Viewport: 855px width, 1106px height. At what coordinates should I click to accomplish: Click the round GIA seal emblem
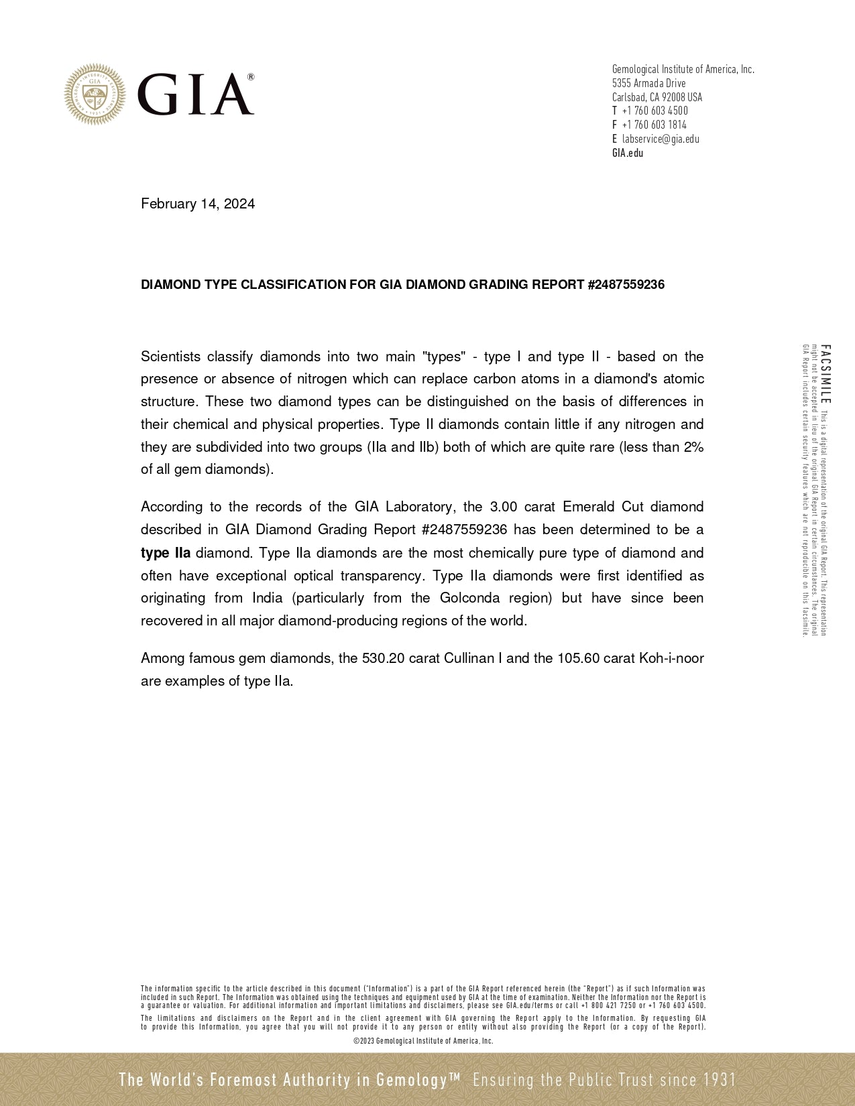pyautogui.click(x=95, y=95)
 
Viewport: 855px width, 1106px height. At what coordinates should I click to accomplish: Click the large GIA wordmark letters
pyautogui.click(x=196, y=95)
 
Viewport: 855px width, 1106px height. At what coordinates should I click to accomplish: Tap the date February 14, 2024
pyautogui.click(x=198, y=204)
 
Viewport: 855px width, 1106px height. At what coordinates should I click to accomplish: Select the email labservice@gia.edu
pyautogui.click(x=661, y=139)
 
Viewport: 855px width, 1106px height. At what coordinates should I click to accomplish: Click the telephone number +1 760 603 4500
pyautogui.click(x=654, y=111)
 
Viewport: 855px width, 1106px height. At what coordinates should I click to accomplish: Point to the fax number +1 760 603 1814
pyautogui.click(x=654, y=125)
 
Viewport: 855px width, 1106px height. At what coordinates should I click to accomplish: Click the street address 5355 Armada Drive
pyautogui.click(x=648, y=83)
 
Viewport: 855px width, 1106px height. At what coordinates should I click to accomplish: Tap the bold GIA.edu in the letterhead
pyautogui.click(x=628, y=153)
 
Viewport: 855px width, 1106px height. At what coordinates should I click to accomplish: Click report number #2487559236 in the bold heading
pyautogui.click(x=626, y=285)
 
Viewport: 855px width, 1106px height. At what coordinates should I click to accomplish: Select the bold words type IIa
pyautogui.click(x=166, y=553)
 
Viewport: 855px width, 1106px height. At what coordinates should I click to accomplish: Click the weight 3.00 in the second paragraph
pyautogui.click(x=504, y=507)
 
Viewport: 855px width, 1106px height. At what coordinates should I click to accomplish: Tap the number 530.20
pyautogui.click(x=383, y=658)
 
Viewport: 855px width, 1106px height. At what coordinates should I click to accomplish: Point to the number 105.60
pyautogui.click(x=578, y=658)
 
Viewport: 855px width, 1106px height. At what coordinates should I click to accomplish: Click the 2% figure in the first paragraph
pyautogui.click(x=693, y=447)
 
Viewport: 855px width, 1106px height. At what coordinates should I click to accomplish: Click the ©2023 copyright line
pyautogui.click(x=423, y=1041)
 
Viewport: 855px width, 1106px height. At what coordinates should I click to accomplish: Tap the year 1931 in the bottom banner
pyautogui.click(x=720, y=1080)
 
